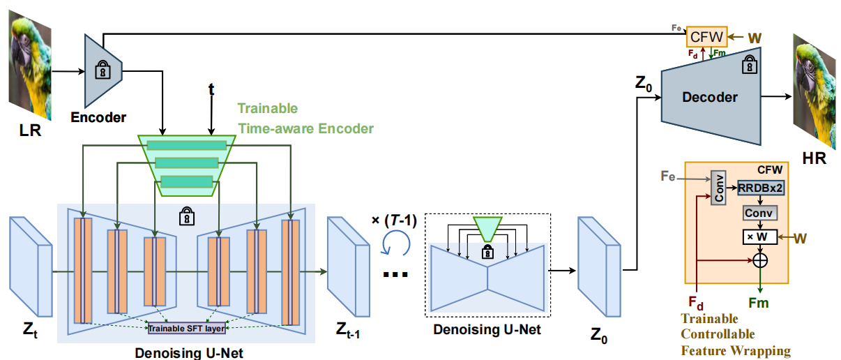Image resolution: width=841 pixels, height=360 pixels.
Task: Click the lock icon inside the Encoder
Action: (103, 70)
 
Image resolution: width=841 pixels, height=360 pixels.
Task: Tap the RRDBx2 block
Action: (759, 187)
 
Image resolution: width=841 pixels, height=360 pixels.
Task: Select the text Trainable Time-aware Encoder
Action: (305, 118)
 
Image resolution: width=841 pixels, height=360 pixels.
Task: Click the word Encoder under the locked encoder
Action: (98, 117)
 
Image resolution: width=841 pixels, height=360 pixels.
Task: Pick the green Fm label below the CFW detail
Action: (758, 303)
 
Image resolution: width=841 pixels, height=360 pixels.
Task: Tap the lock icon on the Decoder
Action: (749, 64)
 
